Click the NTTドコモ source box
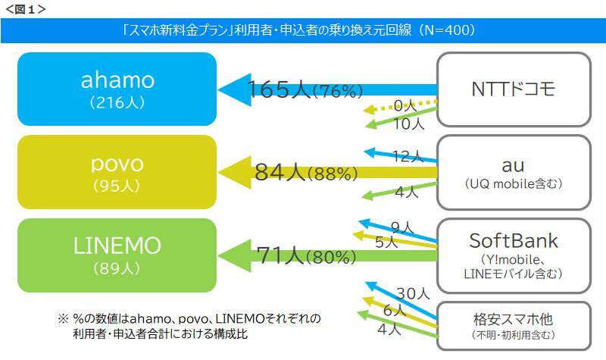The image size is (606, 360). (513, 89)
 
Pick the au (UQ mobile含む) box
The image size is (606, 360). (513, 172)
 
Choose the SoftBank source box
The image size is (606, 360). (513, 255)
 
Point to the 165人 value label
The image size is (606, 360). (279, 89)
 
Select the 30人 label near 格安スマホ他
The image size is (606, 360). (414, 293)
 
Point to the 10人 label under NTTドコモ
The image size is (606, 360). (410, 123)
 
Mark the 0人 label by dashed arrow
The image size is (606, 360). (407, 106)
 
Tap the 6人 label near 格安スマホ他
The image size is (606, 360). (395, 310)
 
